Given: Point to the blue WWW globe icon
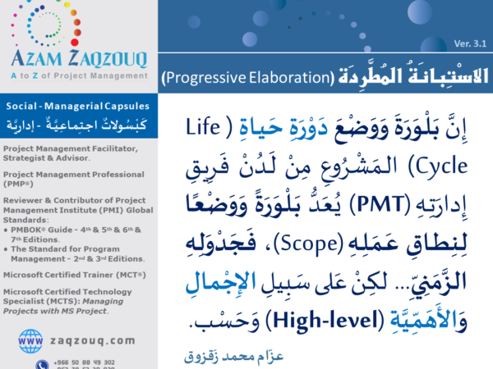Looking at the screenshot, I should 30,339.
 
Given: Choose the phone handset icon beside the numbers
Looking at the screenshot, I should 41,364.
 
